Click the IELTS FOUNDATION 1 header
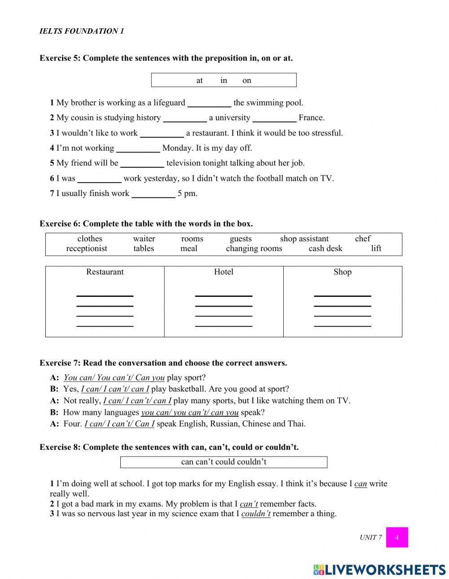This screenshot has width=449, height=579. coord(81,31)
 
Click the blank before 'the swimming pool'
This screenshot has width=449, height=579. coord(209,104)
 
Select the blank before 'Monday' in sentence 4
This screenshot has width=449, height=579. coord(138,149)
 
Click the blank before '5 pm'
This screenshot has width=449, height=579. coord(153,194)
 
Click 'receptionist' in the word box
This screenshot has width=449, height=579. coord(87,248)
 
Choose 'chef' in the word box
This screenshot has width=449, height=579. coord(362,239)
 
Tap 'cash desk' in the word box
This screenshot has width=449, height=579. coord(325,248)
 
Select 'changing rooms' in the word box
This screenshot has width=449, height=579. coord(254,248)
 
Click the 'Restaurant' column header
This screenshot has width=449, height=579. coord(105,272)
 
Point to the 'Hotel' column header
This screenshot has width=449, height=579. coord(224,272)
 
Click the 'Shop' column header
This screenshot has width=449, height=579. coord(342,272)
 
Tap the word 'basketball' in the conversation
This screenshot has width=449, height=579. coord(188,389)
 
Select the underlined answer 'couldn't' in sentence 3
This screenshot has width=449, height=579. coord(255,514)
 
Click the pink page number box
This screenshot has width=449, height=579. coord(396,537)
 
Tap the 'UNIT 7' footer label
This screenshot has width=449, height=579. coord(370,537)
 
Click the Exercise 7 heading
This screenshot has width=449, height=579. coord(163,363)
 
